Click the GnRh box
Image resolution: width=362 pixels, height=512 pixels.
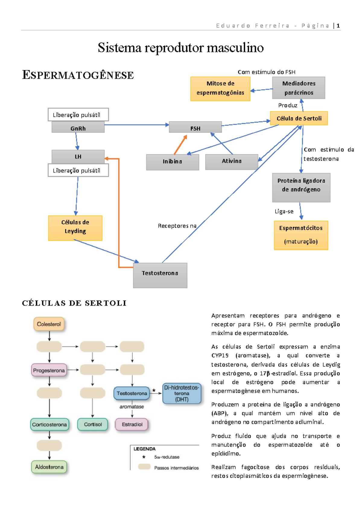click(x=78, y=127)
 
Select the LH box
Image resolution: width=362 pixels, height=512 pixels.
click(x=78, y=156)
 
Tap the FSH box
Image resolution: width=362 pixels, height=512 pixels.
click(x=195, y=127)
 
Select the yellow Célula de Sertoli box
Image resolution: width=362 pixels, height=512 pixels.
click(x=299, y=118)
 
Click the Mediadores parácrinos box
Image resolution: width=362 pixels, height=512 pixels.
click(x=298, y=88)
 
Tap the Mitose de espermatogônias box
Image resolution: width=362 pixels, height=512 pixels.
click(x=220, y=88)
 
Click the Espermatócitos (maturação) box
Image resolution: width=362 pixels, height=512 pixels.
click(x=301, y=235)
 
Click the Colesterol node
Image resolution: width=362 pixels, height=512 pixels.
click(x=49, y=324)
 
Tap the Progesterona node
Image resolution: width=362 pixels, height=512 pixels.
click(x=49, y=370)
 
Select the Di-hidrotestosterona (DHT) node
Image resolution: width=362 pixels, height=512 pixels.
click(x=182, y=393)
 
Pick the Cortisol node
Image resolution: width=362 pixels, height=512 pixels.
click(x=93, y=424)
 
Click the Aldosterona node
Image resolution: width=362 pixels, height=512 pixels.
click(x=49, y=467)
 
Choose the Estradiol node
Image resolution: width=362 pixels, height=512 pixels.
click(x=132, y=424)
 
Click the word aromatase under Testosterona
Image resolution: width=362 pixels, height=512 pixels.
click(x=132, y=407)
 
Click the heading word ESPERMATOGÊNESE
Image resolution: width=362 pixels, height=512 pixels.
click(x=78, y=75)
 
